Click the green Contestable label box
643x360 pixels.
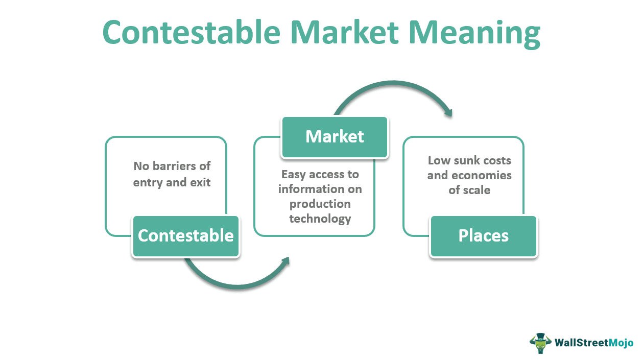click(186, 236)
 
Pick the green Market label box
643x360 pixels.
click(335, 137)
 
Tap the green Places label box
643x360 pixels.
click(483, 236)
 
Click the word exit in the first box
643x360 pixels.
click(200, 182)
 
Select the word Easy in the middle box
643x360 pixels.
click(294, 175)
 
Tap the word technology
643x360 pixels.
click(320, 219)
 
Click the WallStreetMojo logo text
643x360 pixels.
click(594, 343)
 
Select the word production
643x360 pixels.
click(320, 204)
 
